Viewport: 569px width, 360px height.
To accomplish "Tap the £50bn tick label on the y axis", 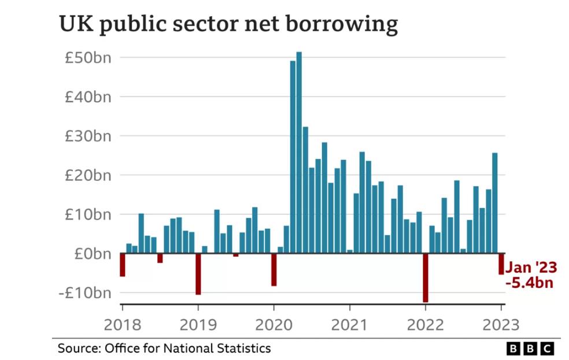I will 87,58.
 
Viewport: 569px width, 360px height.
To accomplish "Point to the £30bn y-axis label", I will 87,136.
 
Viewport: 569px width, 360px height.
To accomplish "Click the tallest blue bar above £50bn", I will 299,150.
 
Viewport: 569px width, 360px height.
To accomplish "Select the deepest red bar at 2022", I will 426,277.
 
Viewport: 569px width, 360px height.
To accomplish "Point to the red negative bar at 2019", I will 198,274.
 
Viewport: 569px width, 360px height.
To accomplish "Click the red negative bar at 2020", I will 274,269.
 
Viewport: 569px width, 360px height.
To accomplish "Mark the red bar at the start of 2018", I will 122,265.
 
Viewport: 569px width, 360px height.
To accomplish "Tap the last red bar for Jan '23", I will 501,263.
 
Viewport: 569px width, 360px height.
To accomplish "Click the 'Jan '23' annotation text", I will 531,268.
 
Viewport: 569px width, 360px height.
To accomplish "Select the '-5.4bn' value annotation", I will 530,283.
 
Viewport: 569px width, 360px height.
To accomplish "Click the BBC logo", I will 530,348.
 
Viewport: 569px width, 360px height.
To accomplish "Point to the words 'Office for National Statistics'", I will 187,348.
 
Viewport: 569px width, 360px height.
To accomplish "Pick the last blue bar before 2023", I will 494,202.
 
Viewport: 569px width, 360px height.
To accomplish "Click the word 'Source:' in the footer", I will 79,348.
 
